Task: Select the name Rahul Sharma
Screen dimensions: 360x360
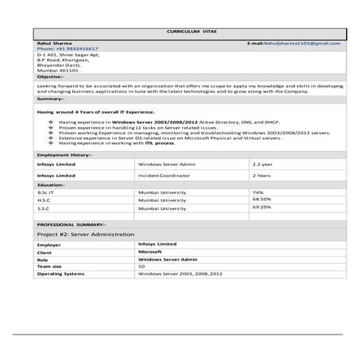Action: [51, 43]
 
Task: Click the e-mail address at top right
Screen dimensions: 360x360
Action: [294, 43]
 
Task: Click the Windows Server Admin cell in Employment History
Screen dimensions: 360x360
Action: [166, 164]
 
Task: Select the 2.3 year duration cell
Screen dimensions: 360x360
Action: [262, 164]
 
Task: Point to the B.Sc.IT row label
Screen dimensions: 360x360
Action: [46, 192]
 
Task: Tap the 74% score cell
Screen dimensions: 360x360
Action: [257, 192]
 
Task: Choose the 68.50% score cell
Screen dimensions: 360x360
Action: [261, 199]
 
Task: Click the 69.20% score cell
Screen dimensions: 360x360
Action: [261, 207]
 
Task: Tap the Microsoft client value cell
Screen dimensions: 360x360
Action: [150, 252]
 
